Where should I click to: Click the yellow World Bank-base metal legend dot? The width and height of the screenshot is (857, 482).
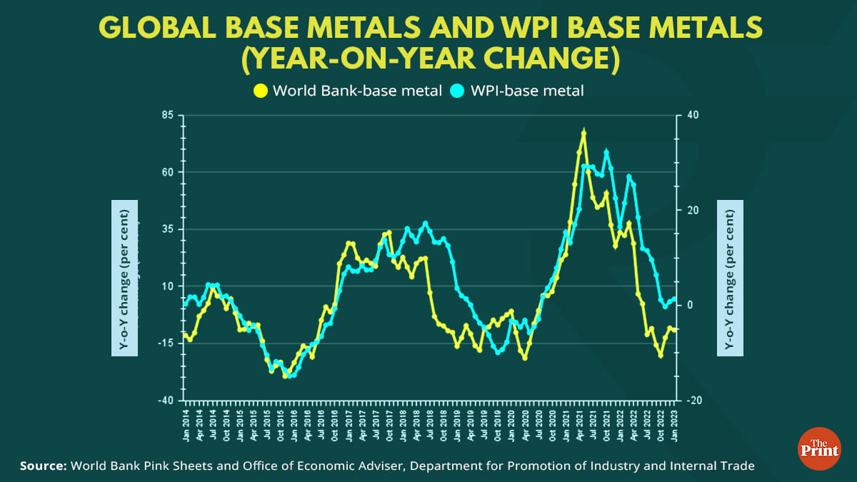[x=261, y=91]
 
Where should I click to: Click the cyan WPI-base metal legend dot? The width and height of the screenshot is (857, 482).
[x=458, y=91]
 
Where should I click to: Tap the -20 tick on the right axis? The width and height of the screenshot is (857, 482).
[x=693, y=401]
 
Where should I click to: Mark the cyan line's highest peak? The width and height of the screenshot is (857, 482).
[x=606, y=151]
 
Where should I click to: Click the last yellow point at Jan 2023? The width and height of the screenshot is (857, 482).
[x=674, y=329]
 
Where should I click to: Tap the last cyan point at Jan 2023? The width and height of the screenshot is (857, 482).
[x=674, y=299]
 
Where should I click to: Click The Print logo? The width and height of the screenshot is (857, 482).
[x=820, y=448]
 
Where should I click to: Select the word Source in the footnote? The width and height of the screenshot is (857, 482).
[x=43, y=466]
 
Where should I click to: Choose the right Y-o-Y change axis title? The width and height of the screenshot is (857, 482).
[x=730, y=278]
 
